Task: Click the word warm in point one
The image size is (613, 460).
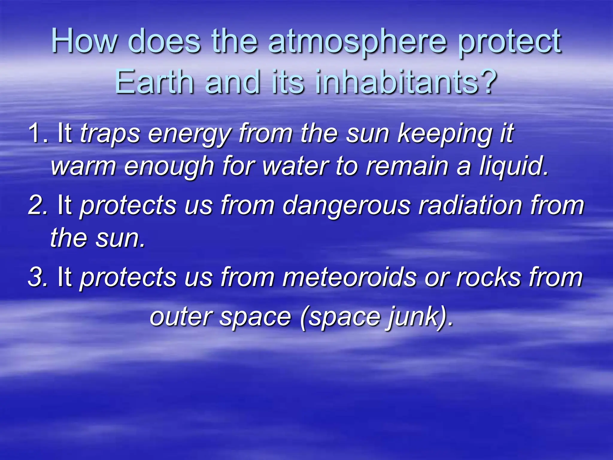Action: [x=84, y=167]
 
